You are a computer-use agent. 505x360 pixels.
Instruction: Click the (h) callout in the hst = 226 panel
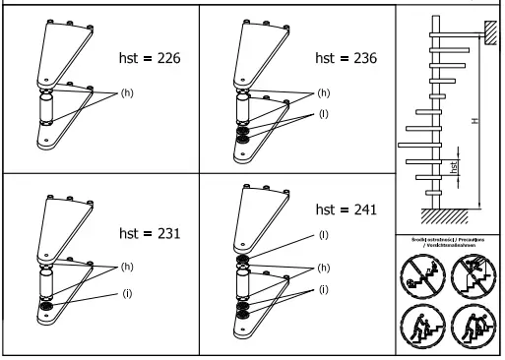pos(126,93)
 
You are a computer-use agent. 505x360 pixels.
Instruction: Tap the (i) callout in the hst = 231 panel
pos(125,293)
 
